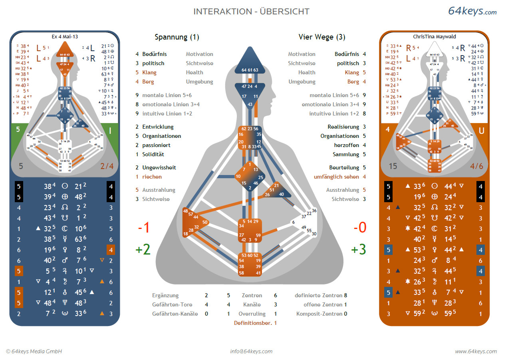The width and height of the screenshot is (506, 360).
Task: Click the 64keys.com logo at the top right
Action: [x=472, y=11]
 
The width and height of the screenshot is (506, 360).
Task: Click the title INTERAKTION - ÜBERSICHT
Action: [x=251, y=12]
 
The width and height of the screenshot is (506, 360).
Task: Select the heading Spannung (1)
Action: [x=177, y=37]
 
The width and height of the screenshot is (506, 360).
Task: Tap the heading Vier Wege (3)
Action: [x=322, y=37]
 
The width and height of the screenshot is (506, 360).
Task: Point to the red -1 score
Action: [x=143, y=228]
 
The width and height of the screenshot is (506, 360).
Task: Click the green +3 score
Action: [x=358, y=249]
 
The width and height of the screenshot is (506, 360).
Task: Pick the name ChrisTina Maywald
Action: [x=435, y=36]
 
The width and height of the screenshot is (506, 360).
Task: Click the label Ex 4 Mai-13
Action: [x=65, y=36]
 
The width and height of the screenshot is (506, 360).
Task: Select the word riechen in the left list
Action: [x=152, y=177]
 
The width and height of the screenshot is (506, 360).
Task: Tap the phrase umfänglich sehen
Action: [x=336, y=177]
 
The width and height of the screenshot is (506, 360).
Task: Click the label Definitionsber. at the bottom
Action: [x=252, y=323]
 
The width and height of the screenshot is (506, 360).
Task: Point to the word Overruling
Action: [x=252, y=314]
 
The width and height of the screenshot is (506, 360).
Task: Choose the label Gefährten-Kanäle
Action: [x=175, y=314]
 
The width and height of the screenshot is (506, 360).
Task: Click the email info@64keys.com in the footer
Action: [x=251, y=352]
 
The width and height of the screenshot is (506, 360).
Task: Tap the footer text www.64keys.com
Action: [x=476, y=352]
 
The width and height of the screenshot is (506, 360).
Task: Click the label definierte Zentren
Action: [x=318, y=296]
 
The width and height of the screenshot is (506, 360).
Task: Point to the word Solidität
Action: [x=153, y=154]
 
